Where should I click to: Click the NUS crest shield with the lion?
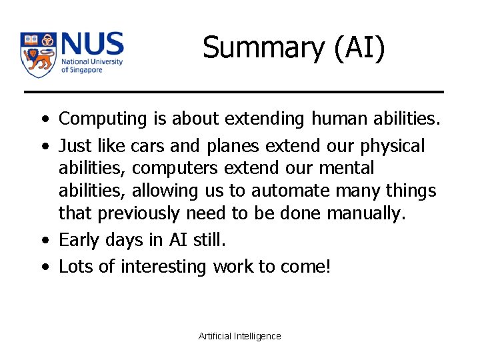tap(38, 54)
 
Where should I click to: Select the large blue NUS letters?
tap(92, 45)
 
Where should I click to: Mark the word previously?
tap(137, 214)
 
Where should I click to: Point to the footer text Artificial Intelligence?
tap(240, 336)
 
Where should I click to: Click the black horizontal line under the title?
tap(233, 91)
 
